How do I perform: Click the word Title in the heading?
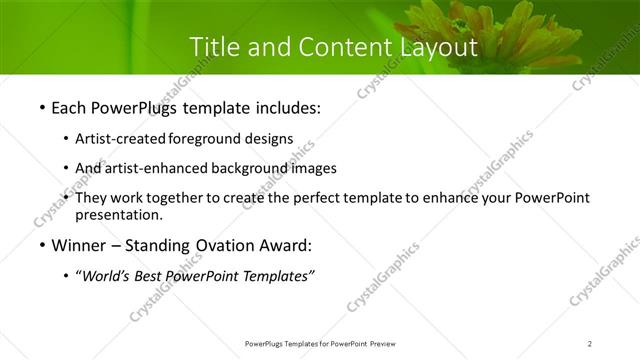click(213, 46)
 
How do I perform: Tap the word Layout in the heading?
click(437, 46)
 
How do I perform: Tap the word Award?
click(285, 245)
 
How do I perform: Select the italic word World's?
click(104, 277)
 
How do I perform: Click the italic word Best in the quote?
click(150, 277)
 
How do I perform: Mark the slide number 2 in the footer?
click(590, 344)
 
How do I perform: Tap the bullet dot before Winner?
click(42, 246)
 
